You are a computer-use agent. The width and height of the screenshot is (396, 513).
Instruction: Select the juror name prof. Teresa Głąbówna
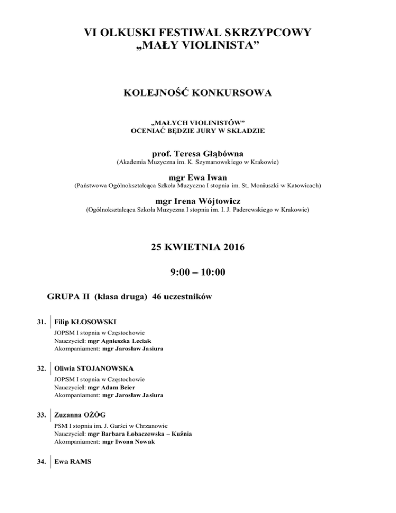coord(198,154)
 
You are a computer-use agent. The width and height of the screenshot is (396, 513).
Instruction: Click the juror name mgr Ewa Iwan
coord(198,177)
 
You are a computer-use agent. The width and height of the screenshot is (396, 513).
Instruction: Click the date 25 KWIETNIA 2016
coord(198,248)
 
